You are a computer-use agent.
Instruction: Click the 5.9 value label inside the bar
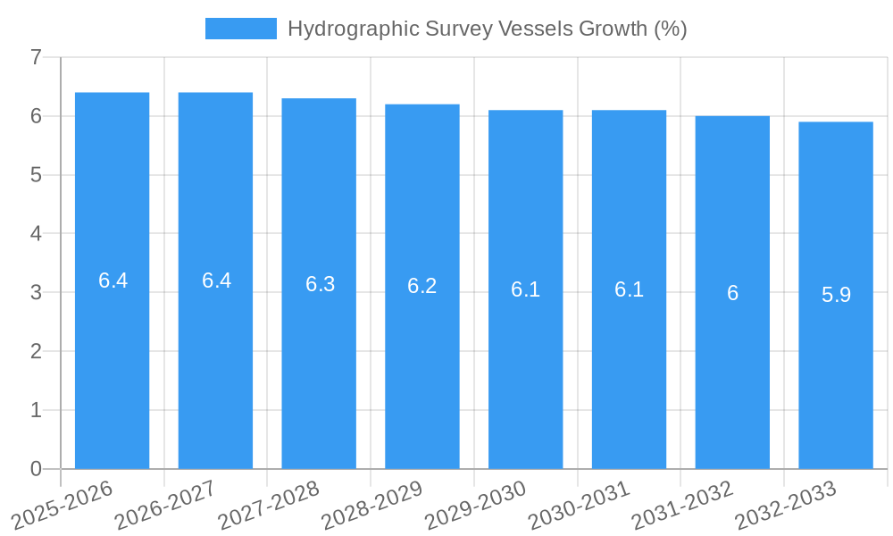coord(836,295)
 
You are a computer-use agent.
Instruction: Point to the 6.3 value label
coord(320,284)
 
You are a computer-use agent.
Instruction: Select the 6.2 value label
coord(421,286)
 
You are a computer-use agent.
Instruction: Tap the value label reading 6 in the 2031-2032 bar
coord(732,293)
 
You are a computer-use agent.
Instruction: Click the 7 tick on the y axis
coord(36,57)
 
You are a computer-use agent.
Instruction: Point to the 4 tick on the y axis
coord(36,234)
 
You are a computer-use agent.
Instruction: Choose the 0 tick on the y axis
coord(36,469)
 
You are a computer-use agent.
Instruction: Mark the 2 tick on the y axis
coord(36,351)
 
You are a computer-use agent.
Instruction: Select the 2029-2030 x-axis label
coord(476,504)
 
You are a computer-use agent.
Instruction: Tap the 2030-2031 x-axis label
coord(580,504)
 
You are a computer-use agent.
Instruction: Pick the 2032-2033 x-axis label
coord(786,504)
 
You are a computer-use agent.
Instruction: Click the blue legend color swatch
coord(241,29)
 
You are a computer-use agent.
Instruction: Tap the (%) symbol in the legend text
coord(670,29)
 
